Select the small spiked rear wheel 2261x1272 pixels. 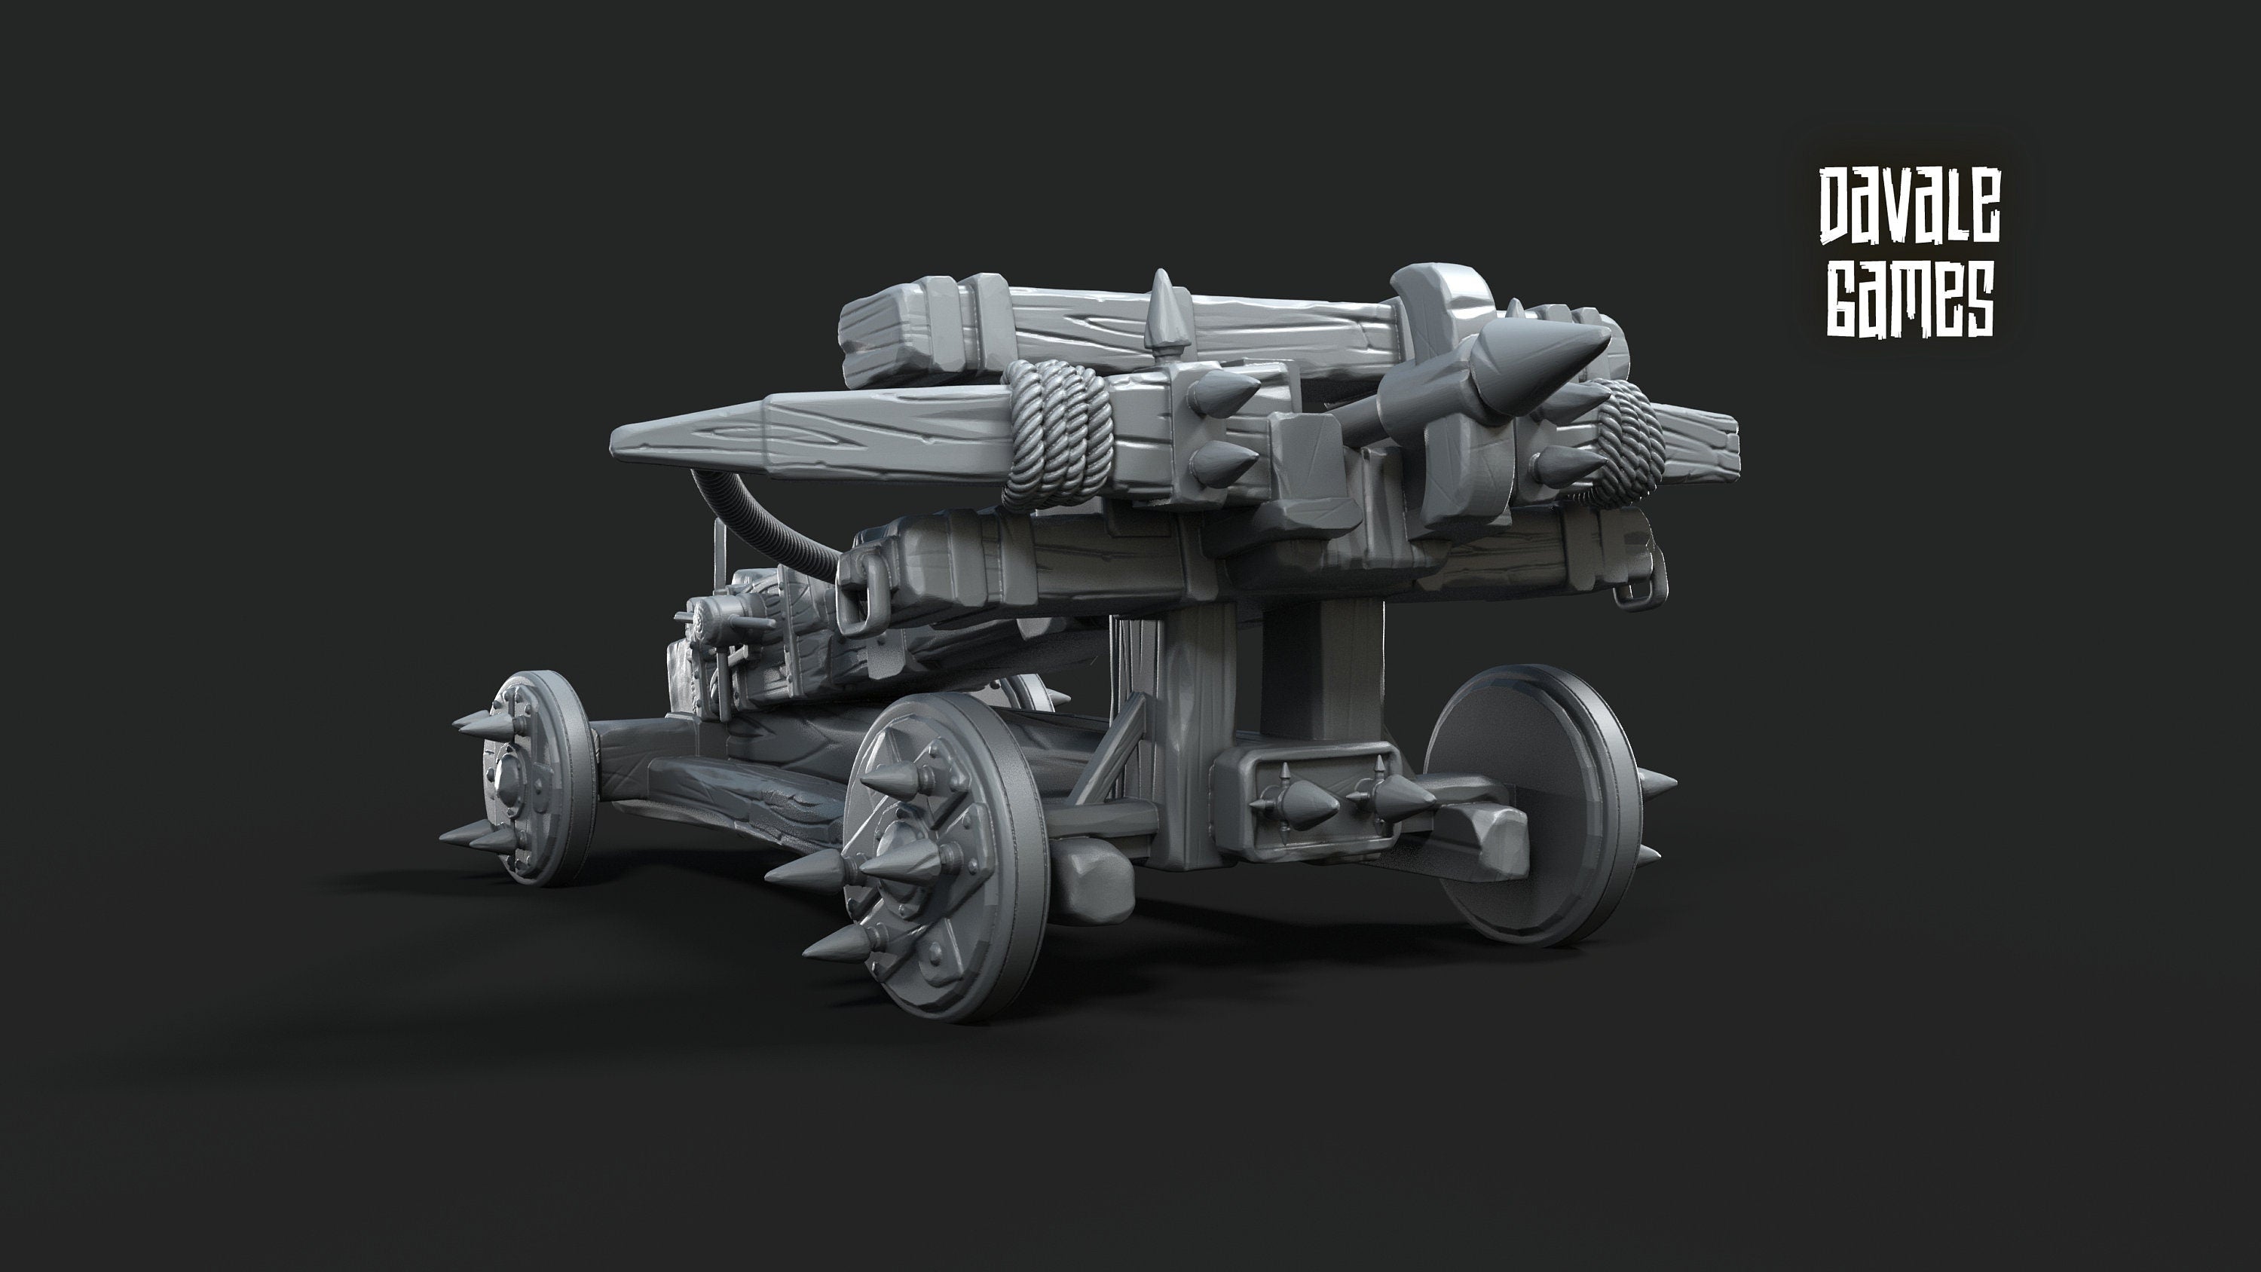[535, 776]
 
